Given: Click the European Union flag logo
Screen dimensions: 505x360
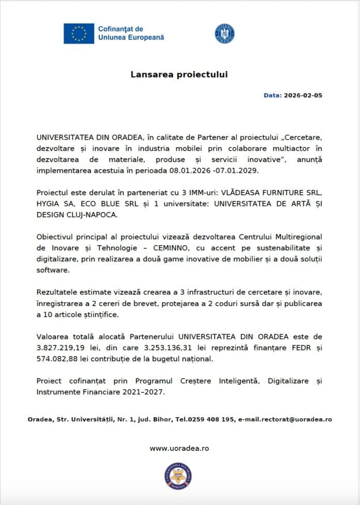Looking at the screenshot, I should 79,33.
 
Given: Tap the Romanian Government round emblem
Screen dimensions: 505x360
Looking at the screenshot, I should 224,33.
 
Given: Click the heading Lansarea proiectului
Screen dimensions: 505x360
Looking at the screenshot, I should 179,75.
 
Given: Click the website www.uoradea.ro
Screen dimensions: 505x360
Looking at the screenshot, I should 179,448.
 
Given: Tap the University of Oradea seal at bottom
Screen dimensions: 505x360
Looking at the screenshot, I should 178,476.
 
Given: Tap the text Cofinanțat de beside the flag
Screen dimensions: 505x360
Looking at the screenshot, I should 121,29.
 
